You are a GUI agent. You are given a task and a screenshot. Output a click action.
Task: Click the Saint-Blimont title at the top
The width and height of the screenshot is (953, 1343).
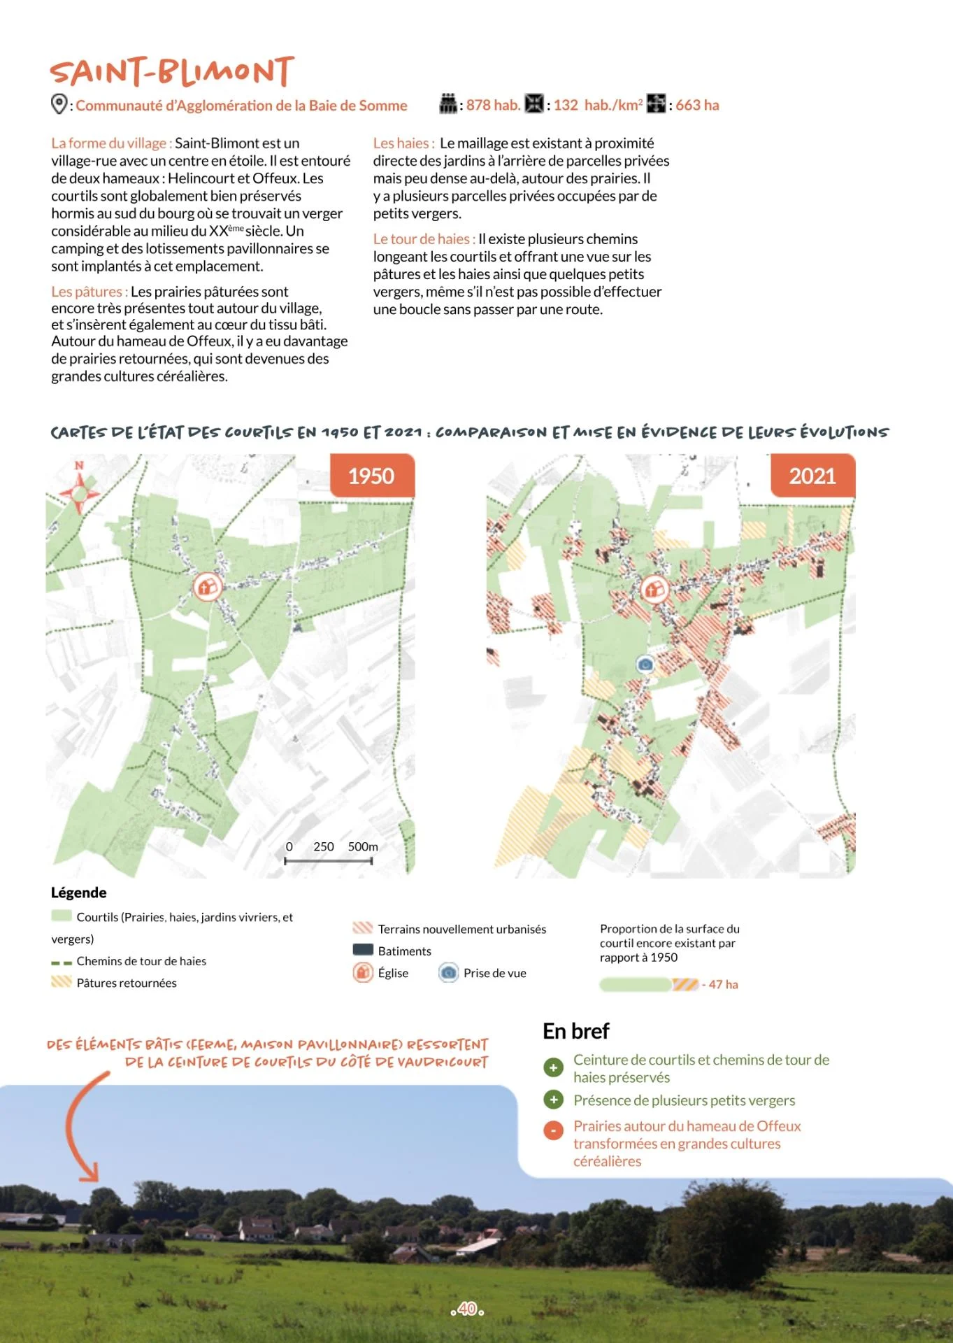tap(172, 72)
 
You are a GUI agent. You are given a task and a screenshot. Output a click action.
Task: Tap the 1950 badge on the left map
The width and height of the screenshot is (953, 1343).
tap(371, 476)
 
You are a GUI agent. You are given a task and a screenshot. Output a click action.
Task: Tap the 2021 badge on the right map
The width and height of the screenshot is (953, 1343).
tap(812, 476)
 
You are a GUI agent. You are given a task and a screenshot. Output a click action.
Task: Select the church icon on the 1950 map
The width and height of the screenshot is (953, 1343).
tap(207, 586)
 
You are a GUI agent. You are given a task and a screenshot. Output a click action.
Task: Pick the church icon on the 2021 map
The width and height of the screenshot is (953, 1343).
tap(654, 589)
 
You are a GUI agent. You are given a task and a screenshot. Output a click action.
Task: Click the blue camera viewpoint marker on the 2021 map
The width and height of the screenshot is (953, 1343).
tap(645, 664)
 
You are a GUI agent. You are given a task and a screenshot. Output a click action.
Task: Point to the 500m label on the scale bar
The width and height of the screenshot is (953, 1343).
tap(363, 846)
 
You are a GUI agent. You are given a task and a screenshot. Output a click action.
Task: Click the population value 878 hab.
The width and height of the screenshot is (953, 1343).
tap(493, 105)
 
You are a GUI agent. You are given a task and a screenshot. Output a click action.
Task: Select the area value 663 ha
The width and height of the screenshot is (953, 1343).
tap(697, 105)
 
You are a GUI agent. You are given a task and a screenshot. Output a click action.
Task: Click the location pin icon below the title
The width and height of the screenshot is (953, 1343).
tap(59, 104)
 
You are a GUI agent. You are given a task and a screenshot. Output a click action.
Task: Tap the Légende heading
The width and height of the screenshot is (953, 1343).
tap(79, 893)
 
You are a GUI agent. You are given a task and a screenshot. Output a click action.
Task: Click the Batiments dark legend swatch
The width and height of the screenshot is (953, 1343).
tap(363, 950)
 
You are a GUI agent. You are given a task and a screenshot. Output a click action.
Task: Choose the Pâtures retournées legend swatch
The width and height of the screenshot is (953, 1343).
tap(62, 982)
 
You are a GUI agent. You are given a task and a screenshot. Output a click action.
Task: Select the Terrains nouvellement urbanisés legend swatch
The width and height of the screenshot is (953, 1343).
tap(363, 928)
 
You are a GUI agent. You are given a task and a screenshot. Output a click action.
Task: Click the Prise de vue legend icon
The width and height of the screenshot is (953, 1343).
tap(448, 972)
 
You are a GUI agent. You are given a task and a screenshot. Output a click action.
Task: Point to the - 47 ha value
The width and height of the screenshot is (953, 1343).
tap(721, 984)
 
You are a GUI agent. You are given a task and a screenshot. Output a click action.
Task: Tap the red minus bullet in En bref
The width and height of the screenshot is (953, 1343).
tap(553, 1130)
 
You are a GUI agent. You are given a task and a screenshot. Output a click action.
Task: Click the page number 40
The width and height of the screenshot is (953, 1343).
tap(468, 1309)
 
